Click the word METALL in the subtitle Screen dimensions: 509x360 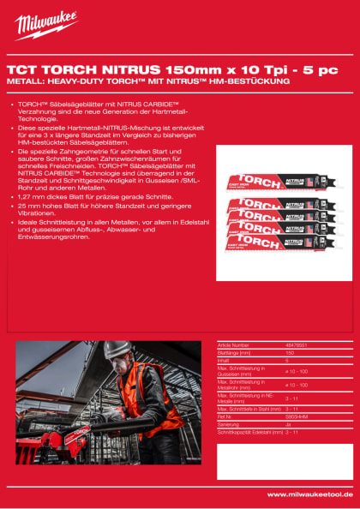[x=25, y=81]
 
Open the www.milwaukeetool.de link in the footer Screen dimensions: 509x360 [x=309, y=494]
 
